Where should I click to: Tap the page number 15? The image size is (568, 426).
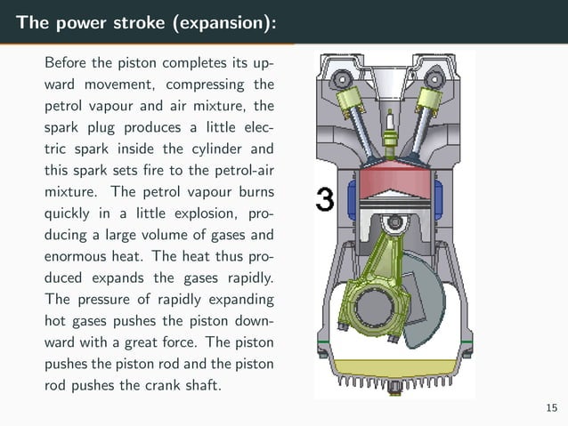(x=552, y=407)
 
